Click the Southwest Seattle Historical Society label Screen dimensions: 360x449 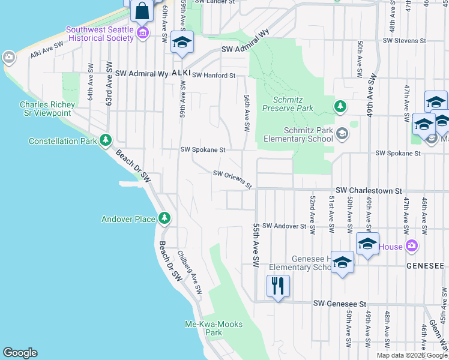[100, 34]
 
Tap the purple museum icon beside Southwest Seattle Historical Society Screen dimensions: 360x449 [143, 32]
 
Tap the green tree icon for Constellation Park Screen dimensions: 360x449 [106, 140]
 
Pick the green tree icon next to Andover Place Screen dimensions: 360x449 [164, 218]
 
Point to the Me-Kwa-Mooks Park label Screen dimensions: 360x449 [214, 328]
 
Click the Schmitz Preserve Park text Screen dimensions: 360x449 [288, 104]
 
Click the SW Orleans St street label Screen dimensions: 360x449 [232, 178]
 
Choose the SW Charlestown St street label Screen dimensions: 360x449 [369, 190]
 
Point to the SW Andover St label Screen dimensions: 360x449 [285, 226]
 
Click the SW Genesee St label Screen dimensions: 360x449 [340, 304]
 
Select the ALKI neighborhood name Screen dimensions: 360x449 [181, 73]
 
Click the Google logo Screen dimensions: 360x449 [20, 353]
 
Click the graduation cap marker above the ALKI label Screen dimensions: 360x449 [182, 42]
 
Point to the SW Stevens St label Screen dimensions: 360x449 [405, 41]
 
